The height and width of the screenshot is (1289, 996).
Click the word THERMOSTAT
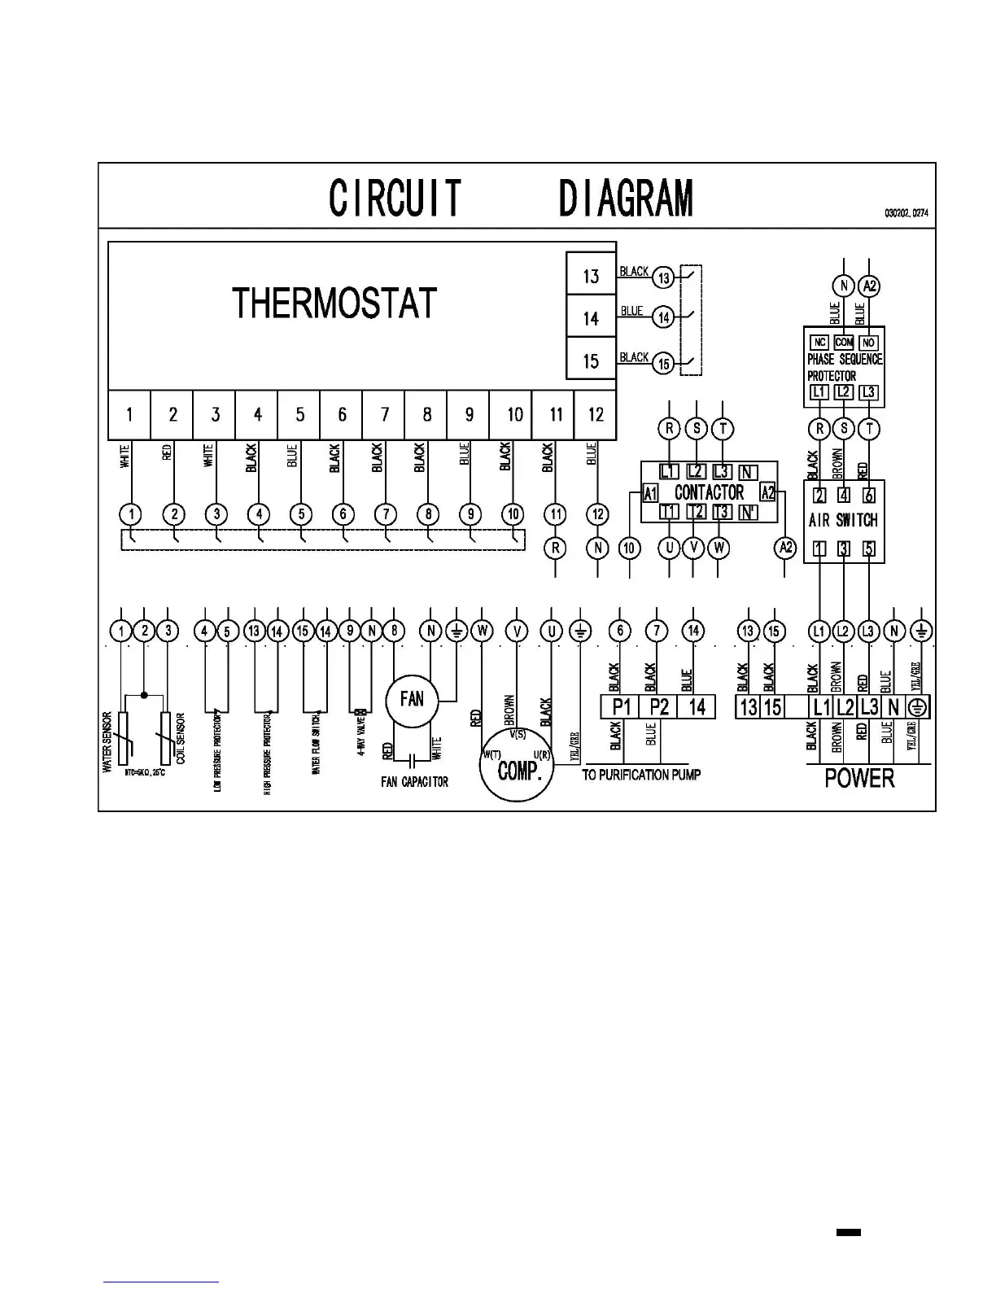(x=334, y=304)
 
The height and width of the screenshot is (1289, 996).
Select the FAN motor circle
(x=412, y=699)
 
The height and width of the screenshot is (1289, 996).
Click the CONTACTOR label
(x=709, y=492)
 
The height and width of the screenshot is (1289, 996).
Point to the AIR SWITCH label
(x=844, y=520)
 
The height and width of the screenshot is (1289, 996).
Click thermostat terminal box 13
(x=591, y=276)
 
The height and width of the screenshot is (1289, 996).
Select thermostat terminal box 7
(x=384, y=415)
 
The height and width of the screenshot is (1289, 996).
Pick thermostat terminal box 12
(x=596, y=415)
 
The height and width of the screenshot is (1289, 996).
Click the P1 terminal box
(x=621, y=706)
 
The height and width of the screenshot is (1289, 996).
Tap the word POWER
(x=859, y=778)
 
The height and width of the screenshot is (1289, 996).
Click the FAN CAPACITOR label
(x=414, y=782)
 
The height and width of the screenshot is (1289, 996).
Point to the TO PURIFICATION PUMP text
(x=641, y=776)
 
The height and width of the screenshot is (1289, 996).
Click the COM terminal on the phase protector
(x=844, y=343)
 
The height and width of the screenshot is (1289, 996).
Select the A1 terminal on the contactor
(x=650, y=492)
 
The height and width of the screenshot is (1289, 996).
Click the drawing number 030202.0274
(x=906, y=213)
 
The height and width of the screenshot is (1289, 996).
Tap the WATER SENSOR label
(x=107, y=742)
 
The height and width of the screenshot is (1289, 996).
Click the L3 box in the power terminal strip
(x=870, y=707)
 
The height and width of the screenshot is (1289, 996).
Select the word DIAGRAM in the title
(x=626, y=199)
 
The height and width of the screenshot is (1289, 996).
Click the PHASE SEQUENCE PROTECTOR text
(x=844, y=367)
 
